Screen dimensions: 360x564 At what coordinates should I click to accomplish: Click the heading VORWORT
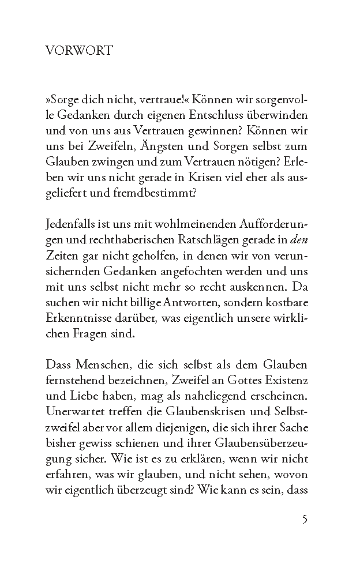(78, 51)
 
